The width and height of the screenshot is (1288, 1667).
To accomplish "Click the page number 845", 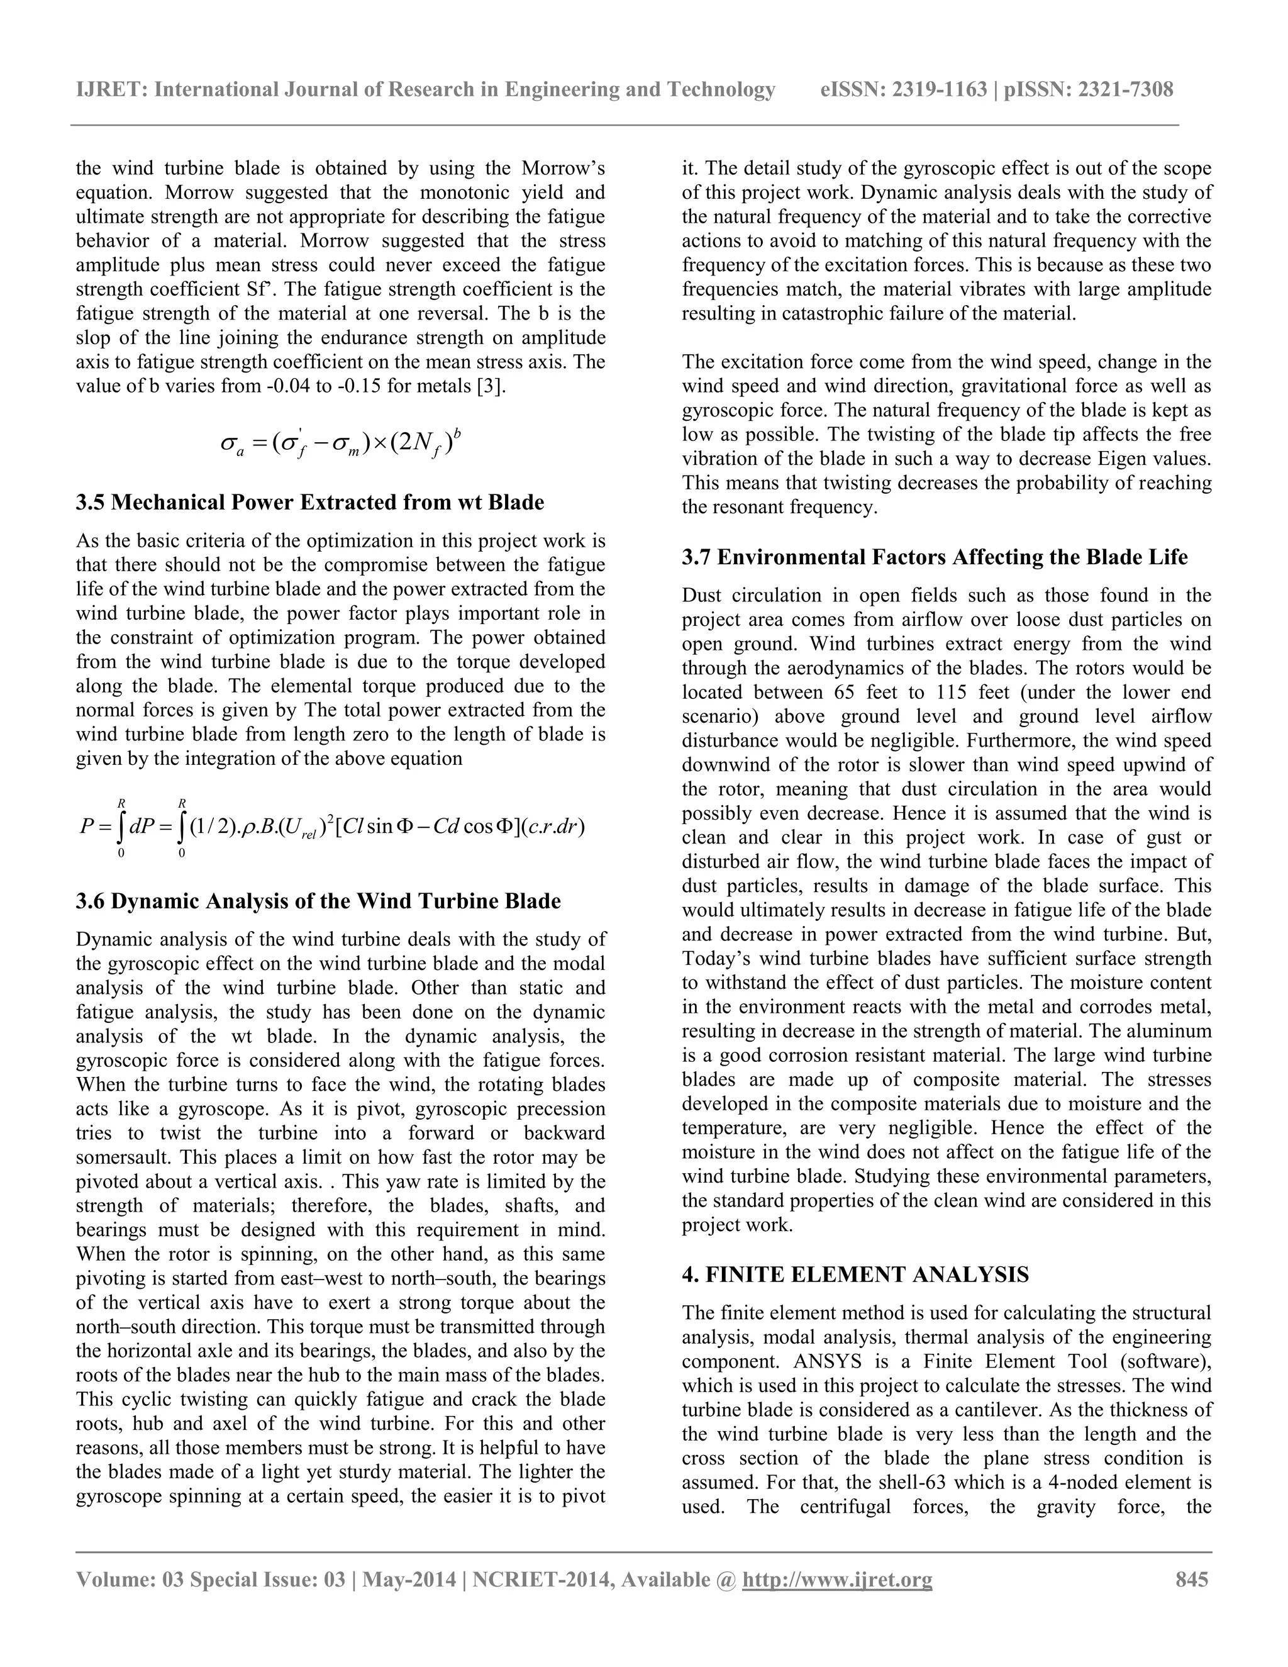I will tap(1192, 1578).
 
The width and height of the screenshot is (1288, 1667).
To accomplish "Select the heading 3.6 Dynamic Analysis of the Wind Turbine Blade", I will tap(318, 901).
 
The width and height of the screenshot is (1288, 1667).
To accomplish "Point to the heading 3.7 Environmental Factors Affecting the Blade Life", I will tap(935, 557).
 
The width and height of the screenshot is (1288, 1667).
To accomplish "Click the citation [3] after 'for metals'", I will tap(490, 386).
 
